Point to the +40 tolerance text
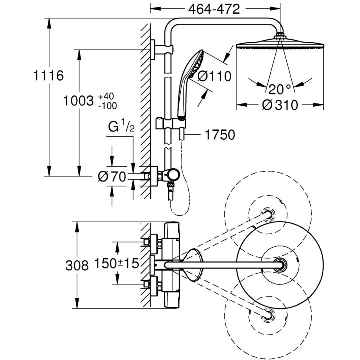click(x=106, y=96)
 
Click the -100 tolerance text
click(x=106, y=105)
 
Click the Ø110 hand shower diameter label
click(x=214, y=76)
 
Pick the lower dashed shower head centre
click(x=268, y=314)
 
